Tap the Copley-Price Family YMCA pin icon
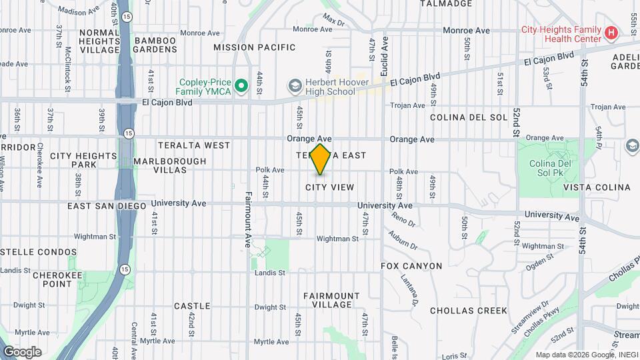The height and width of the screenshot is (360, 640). pos(241,85)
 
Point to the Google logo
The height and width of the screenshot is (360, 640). pos(22,351)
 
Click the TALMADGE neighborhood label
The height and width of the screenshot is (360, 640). pos(447,3)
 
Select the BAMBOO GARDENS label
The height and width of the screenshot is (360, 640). pos(155,45)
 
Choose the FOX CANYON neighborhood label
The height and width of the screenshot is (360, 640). pos(411,266)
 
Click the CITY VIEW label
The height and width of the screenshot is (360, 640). pos(329,187)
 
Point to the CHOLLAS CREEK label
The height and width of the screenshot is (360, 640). pos(469,311)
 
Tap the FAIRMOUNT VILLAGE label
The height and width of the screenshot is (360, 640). pos(331,300)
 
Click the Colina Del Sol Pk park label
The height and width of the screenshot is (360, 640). pos(547,169)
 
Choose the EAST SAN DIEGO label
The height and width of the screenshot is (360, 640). pos(107,206)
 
